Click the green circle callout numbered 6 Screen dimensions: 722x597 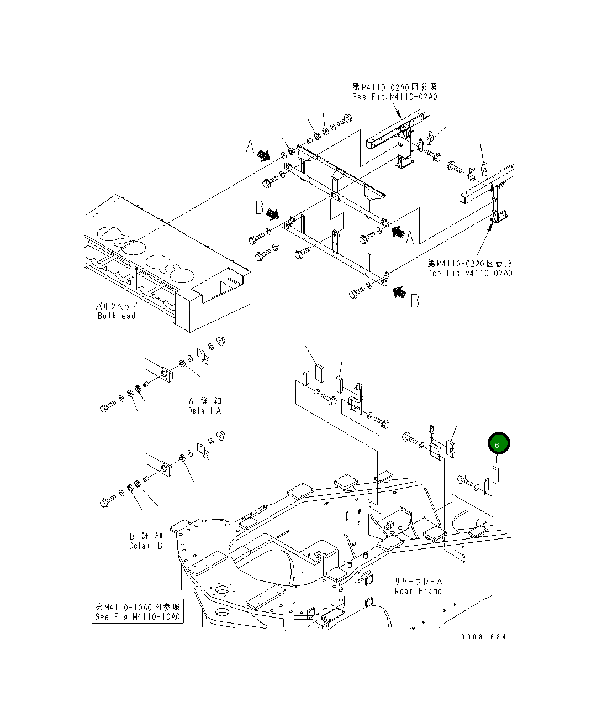498,444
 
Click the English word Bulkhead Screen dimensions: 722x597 116,316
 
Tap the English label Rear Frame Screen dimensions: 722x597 418,591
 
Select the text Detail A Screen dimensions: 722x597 204,411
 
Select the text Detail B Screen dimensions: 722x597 146,546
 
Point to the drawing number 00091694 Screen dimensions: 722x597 483,636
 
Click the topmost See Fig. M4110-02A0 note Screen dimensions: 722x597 395,97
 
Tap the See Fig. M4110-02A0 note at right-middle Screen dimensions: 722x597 469,273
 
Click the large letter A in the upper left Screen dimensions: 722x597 250,147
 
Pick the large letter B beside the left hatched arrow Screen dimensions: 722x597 259,207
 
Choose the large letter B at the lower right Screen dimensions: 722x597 414,300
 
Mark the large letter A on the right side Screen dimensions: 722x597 410,238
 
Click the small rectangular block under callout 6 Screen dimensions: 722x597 495,474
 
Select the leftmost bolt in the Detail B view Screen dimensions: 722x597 105,502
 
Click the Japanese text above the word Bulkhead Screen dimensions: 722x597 116,306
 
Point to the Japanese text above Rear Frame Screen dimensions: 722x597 418,581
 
